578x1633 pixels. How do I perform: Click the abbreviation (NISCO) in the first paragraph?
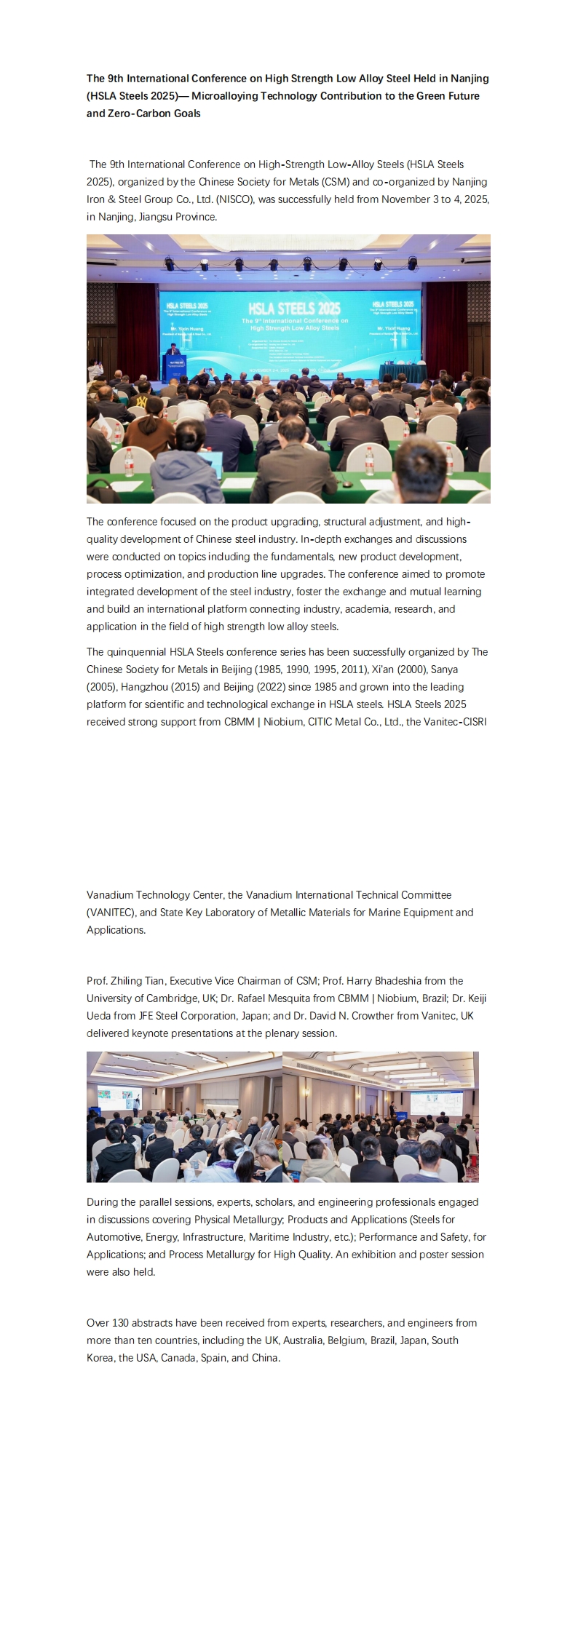(x=232, y=199)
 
